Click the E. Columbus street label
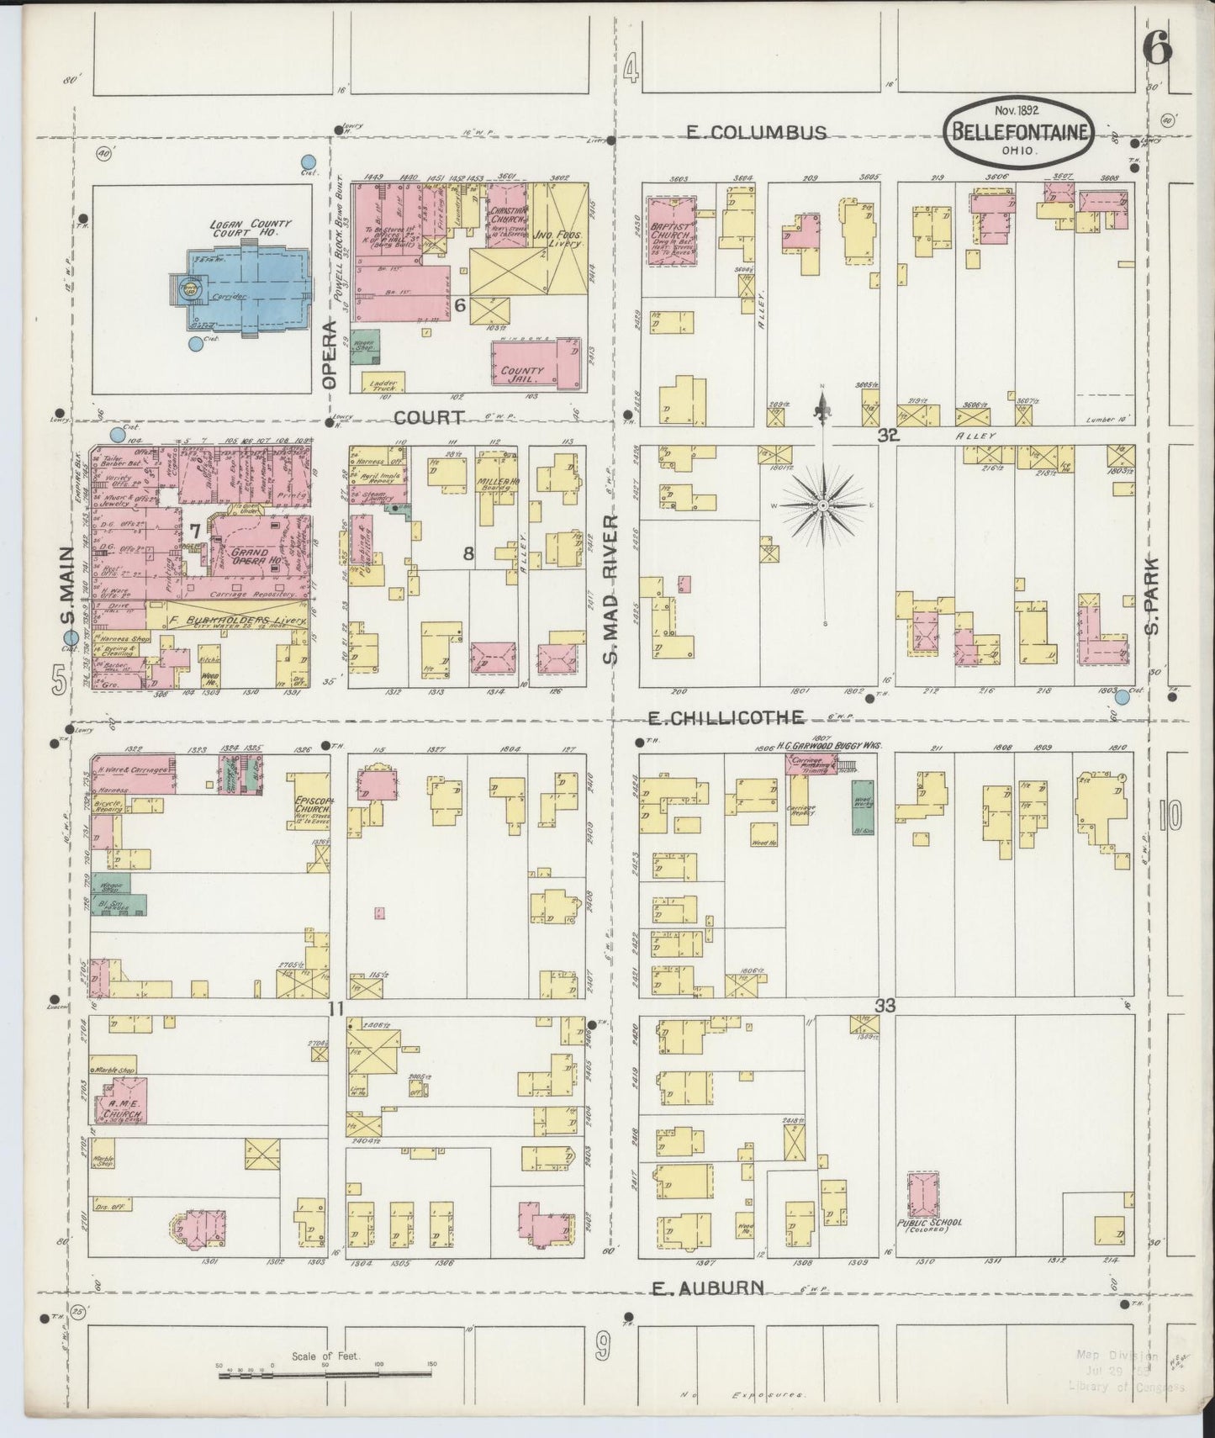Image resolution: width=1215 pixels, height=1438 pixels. point(756,132)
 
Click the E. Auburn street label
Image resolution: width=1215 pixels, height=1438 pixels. point(709,1287)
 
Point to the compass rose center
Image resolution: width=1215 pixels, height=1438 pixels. point(822,505)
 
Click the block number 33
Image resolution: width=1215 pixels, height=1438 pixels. point(885,1005)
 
